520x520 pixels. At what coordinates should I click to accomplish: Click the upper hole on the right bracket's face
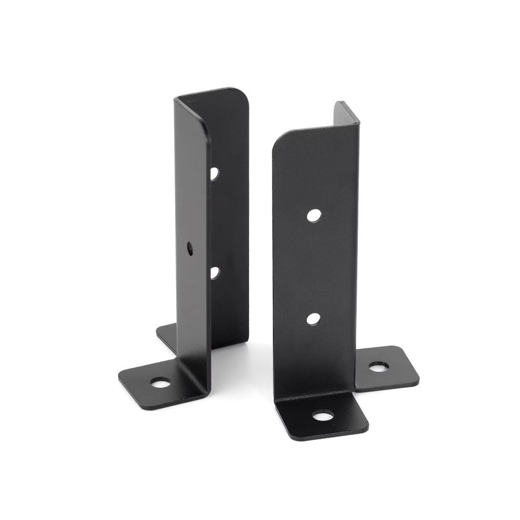point(313,215)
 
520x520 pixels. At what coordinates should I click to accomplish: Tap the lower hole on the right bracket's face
point(313,318)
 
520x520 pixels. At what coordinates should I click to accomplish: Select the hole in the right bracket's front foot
point(323,415)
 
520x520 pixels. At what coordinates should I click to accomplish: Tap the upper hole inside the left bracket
point(214,174)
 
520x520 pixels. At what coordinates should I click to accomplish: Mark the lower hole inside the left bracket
point(214,271)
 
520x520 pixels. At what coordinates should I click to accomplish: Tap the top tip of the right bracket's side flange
point(341,104)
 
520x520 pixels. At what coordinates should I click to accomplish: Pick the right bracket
point(317,260)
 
